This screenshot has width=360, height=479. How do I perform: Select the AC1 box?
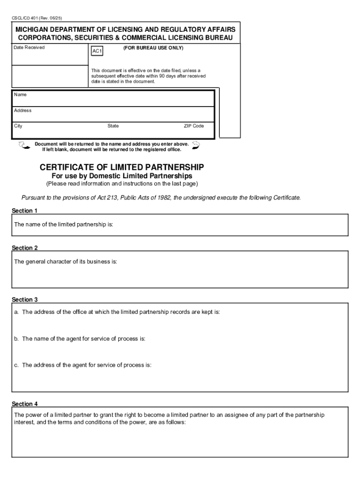pyautogui.click(x=97, y=50)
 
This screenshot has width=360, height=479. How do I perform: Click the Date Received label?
pyautogui.click(x=29, y=48)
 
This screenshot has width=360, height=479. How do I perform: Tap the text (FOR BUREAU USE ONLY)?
pyautogui.click(x=153, y=48)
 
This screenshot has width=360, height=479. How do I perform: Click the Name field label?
pyautogui.click(x=20, y=94)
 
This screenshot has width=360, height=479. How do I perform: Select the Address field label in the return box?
pyautogui.click(x=22, y=110)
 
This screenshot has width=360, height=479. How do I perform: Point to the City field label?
pyautogui.click(x=18, y=126)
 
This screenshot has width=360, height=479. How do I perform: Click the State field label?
pyautogui.click(x=113, y=126)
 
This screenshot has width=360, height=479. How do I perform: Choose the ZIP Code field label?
pyautogui.click(x=194, y=126)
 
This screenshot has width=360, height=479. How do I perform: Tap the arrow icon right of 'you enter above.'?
pyautogui.click(x=196, y=145)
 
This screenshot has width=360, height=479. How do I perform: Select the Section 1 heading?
pyautogui.click(x=24, y=210)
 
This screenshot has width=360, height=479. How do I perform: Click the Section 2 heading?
pyautogui.click(x=24, y=247)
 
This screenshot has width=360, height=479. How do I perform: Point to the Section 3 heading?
pyautogui.click(x=24, y=299)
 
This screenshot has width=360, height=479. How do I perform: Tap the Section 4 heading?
pyautogui.click(x=24, y=403)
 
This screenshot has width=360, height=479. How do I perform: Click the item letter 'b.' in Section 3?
pyautogui.click(x=16, y=338)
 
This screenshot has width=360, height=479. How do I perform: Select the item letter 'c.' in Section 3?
pyautogui.click(x=16, y=365)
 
